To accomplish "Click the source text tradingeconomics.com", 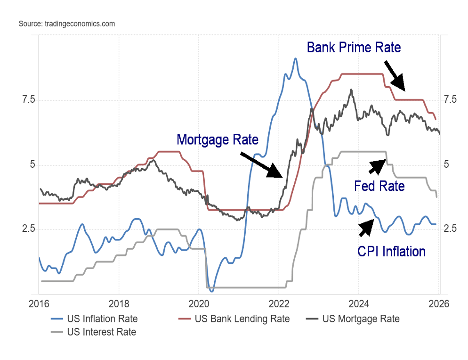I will tap(66, 24).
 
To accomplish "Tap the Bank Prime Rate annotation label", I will tap(353, 48).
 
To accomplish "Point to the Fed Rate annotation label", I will tap(379, 186).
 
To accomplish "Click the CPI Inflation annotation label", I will tap(391, 251).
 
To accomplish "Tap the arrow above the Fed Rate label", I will tap(377, 166).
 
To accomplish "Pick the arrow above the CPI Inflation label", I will tap(366, 228).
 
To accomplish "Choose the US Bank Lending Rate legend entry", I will tap(235, 319).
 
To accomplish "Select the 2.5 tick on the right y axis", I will tap(451, 229).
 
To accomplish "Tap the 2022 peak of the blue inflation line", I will tap(295, 59).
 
